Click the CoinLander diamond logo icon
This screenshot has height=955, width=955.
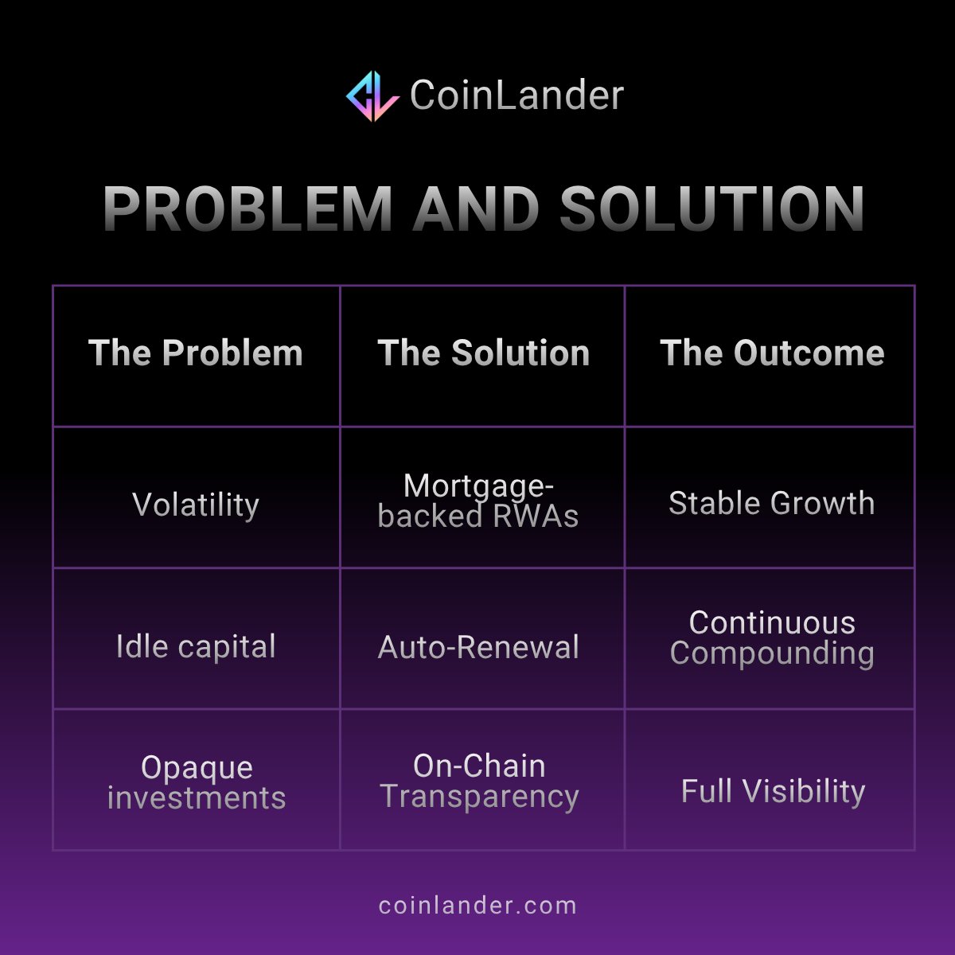372,95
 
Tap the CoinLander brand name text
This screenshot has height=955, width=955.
516,95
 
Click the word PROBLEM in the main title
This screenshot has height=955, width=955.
248,209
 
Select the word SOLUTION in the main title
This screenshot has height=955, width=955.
712,209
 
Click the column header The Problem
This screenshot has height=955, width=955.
196,353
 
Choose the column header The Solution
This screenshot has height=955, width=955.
483,353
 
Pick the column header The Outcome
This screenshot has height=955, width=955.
771,353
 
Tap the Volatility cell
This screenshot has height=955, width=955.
196,505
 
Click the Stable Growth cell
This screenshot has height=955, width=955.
771,503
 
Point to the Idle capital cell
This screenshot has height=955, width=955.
196,646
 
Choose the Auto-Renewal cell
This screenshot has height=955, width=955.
478,647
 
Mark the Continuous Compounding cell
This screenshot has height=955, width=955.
771,637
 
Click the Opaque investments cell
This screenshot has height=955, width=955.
196,782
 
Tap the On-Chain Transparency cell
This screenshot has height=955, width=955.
478,781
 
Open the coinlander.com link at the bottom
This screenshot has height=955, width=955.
477,906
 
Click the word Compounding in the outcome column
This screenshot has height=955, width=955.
771,653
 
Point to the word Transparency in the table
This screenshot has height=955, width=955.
478,797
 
